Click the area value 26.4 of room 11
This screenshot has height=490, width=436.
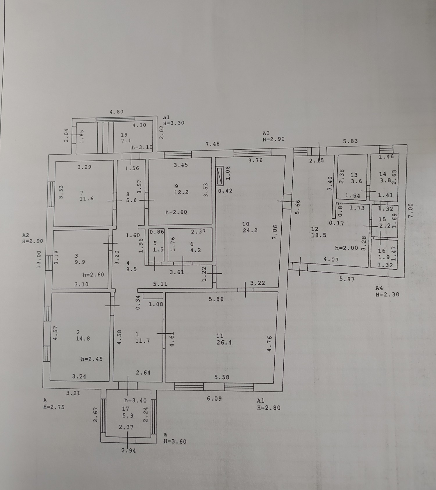point(224,343)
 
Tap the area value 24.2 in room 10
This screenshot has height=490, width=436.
point(250,230)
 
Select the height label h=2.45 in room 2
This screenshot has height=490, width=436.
point(92,359)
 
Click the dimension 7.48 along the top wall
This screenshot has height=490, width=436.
point(212,144)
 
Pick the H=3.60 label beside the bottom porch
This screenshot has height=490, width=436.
point(175,441)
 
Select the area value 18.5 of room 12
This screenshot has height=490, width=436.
point(319,235)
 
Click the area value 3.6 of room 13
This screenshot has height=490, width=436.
point(356,181)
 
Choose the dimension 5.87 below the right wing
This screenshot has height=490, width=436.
point(347,279)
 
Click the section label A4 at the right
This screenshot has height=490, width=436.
point(379,288)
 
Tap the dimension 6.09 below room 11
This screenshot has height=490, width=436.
point(214,399)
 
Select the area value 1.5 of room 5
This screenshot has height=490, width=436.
point(158,250)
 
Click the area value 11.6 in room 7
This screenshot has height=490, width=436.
point(87,199)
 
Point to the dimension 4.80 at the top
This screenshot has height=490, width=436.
point(116,112)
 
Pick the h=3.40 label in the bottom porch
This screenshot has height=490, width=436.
point(135,400)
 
